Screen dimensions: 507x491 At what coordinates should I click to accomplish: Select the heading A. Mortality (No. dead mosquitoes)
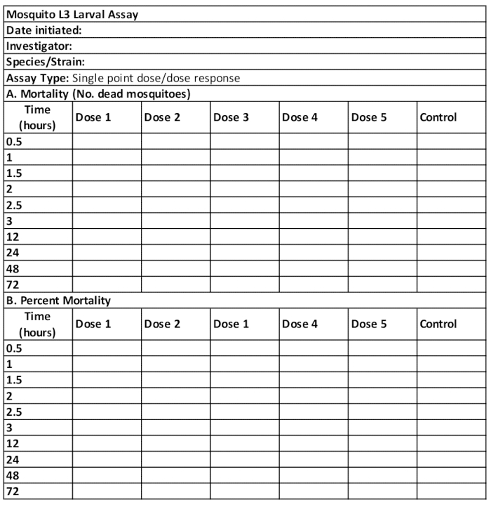(98, 93)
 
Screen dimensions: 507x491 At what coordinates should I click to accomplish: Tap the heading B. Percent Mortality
(59, 301)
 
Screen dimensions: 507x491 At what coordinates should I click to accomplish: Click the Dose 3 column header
(231, 117)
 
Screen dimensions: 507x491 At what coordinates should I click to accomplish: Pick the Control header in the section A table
(438, 117)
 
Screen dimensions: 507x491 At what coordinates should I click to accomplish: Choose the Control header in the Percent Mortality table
(438, 324)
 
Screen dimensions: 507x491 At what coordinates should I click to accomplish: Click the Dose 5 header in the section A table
(369, 117)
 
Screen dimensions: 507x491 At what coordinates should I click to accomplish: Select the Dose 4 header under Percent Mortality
(300, 324)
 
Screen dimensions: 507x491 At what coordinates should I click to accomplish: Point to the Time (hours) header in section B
(38, 324)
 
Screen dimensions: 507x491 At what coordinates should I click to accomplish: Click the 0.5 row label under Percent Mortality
(14, 348)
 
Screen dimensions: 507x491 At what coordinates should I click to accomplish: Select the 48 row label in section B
(12, 475)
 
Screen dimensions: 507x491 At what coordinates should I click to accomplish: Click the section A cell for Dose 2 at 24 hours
(175, 252)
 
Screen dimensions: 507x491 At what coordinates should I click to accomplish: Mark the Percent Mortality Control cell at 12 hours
(451, 443)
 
